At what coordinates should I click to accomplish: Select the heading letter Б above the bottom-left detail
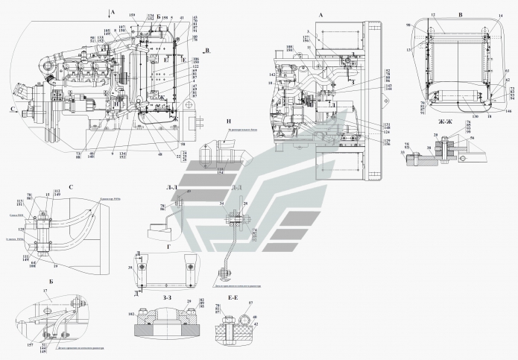(x=50, y=282)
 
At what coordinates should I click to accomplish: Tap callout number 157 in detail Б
(x=30, y=345)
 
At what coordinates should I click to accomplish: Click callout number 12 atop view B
(x=432, y=14)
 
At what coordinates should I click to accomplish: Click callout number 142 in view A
(x=272, y=75)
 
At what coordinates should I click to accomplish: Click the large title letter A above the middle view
(x=299, y=15)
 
